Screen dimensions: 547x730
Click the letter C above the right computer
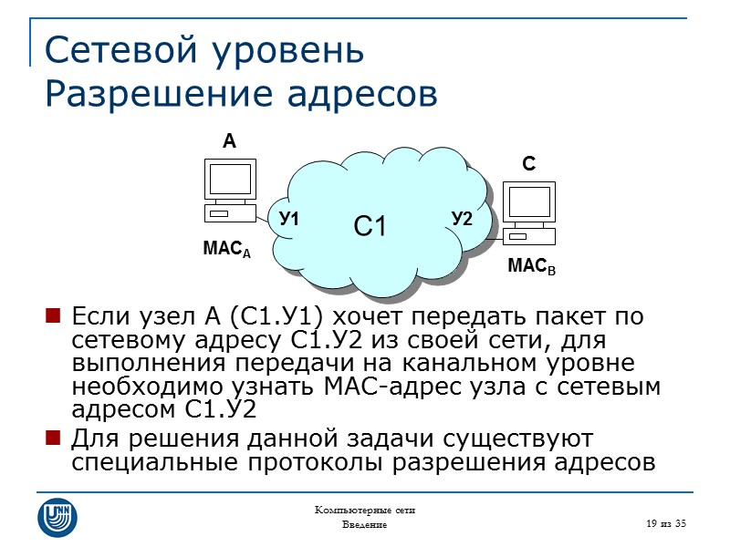pos(528,164)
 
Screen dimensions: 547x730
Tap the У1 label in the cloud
pos(290,219)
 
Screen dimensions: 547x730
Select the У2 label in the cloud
pos(462,219)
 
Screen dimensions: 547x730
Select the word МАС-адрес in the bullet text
pos(394,387)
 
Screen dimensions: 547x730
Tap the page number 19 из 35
pos(664,523)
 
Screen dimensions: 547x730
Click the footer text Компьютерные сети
pos(364,510)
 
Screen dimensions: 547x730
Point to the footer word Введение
pos(364,526)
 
